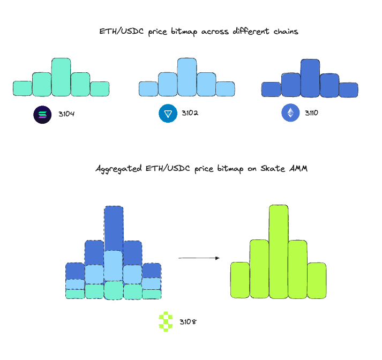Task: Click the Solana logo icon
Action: (x=42, y=115)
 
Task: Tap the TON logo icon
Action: (x=168, y=113)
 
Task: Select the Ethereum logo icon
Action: (x=290, y=112)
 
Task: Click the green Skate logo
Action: (x=166, y=321)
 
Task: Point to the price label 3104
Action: (x=66, y=114)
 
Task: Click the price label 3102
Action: (x=190, y=113)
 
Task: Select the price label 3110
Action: (x=311, y=113)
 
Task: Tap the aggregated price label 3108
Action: (x=188, y=322)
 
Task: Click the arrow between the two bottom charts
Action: (x=199, y=258)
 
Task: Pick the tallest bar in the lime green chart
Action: (x=279, y=251)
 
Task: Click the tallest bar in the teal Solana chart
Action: (x=61, y=77)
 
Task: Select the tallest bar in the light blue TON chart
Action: (x=187, y=77)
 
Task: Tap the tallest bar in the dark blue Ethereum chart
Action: (x=310, y=78)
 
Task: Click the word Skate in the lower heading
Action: (x=273, y=168)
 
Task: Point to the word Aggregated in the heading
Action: (x=118, y=169)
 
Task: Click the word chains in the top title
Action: (x=286, y=32)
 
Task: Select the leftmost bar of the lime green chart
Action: (x=240, y=280)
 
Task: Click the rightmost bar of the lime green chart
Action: (x=317, y=280)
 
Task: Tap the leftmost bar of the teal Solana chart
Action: (x=23, y=88)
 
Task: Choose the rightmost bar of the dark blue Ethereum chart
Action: (x=348, y=90)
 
